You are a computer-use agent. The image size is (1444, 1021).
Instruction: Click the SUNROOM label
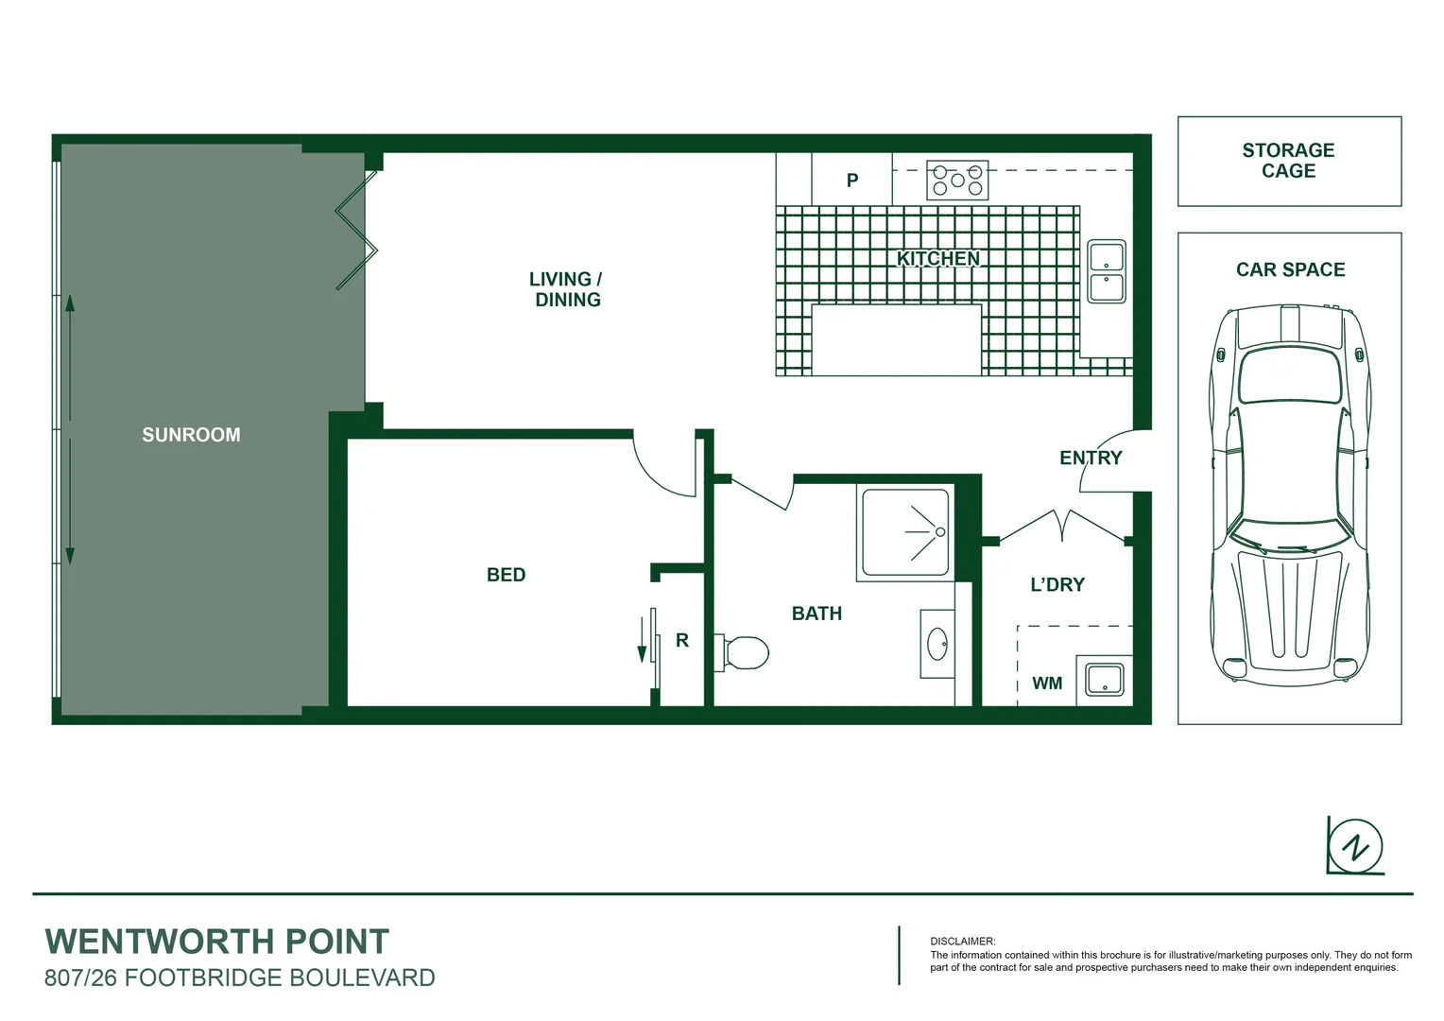point(191,435)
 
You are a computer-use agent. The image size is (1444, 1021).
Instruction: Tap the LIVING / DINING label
point(566,289)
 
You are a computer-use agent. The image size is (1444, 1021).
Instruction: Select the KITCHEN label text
point(937,258)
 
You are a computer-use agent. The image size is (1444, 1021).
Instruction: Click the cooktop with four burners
point(956,180)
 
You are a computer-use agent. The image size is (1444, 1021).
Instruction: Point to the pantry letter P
point(851,180)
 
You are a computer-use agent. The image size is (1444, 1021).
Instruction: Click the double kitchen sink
point(1106,271)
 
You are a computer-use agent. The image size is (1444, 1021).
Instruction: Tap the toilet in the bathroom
point(744,651)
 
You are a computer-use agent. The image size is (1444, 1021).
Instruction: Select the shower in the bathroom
point(903,532)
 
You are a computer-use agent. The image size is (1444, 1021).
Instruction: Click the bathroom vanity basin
point(937,644)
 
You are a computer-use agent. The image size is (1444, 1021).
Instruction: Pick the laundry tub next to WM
point(1104,679)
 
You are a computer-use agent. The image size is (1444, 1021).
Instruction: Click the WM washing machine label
point(1046,684)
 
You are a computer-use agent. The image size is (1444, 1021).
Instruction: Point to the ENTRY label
point(1091,458)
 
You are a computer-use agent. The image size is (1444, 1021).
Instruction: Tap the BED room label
point(506,575)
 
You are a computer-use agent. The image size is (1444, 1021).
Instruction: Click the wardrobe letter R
point(681,640)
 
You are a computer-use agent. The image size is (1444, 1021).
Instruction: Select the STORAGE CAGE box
point(1288,161)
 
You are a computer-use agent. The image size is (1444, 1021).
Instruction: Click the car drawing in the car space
point(1289,492)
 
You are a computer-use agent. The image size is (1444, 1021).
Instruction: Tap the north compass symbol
point(1355,845)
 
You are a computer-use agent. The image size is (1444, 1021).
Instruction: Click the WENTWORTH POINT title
point(217,942)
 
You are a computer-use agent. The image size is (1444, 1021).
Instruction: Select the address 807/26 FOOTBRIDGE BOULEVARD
point(240,978)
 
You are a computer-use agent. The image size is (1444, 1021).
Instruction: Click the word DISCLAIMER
point(962,941)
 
